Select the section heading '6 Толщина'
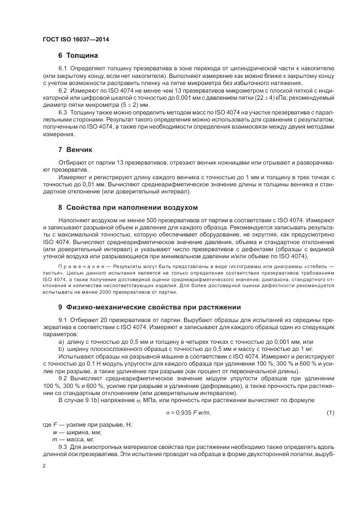coord(78,56)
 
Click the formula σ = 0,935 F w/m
coord(188,412)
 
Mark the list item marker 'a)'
coord(61,341)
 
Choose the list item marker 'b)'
coord(61,348)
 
